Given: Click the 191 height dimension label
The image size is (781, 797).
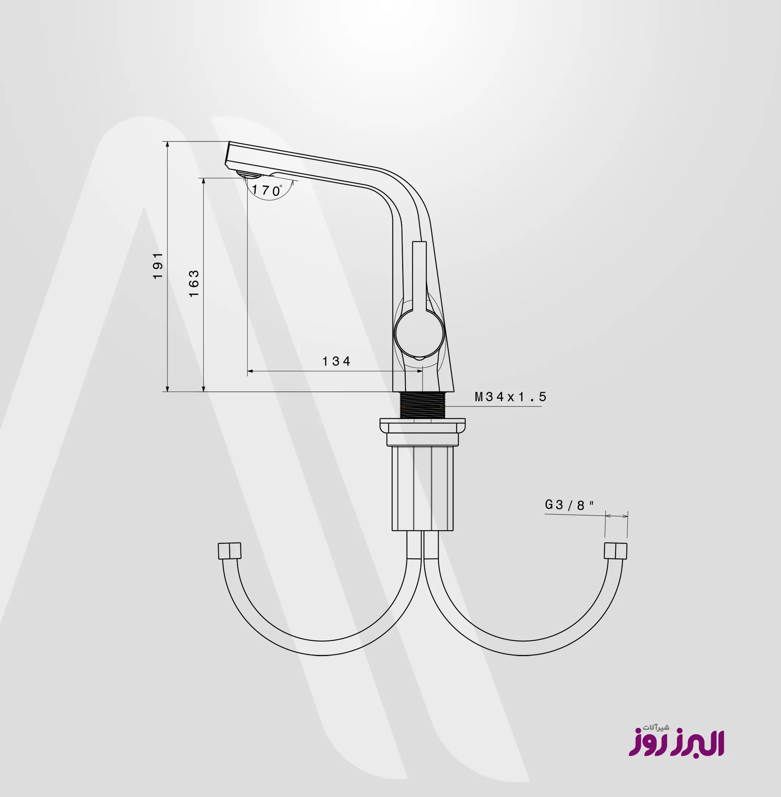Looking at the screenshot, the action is click(158, 266).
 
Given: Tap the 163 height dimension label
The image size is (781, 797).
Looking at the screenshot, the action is click(194, 284).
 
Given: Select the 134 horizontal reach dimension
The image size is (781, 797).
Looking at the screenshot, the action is click(336, 361).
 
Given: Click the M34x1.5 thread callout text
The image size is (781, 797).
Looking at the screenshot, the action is click(511, 396).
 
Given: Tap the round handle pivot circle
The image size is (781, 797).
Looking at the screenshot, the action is click(419, 333).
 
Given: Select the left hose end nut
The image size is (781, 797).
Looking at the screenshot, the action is click(229, 550).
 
